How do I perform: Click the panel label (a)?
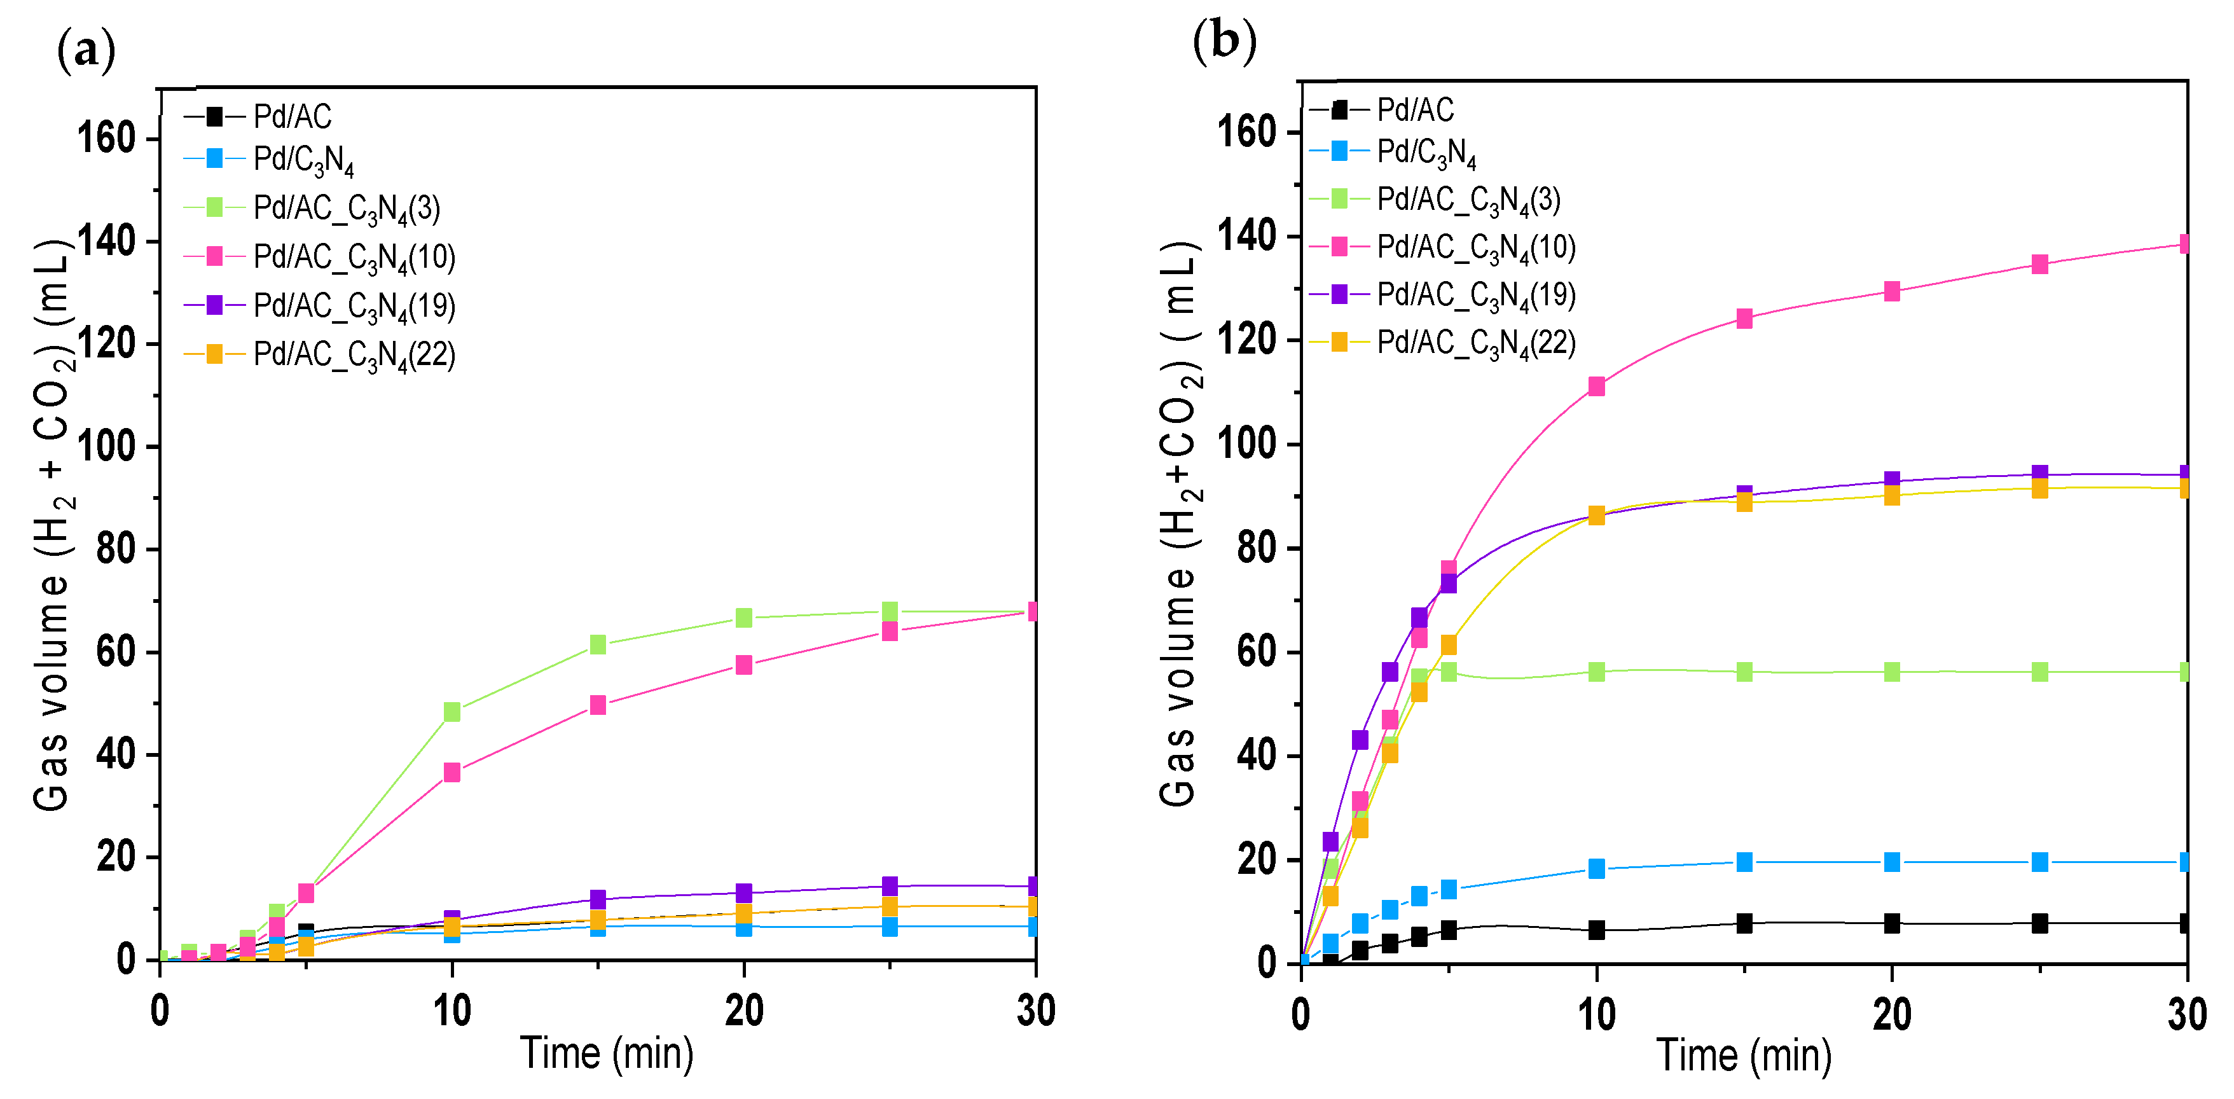click(86, 50)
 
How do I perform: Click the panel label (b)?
click(1224, 41)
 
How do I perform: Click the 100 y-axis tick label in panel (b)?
click(1246, 444)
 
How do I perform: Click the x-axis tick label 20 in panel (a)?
click(743, 1011)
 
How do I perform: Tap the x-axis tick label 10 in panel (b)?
click(1596, 1015)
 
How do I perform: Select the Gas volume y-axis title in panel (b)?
click(1180, 524)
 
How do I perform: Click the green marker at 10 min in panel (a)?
click(452, 711)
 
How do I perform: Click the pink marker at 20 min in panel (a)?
click(743, 665)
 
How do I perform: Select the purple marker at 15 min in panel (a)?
click(598, 899)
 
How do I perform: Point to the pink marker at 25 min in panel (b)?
click(2040, 264)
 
